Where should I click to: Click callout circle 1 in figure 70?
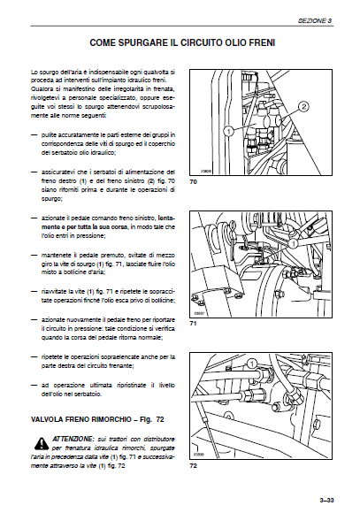point(228,129)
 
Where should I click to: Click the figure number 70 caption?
point(193,181)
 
